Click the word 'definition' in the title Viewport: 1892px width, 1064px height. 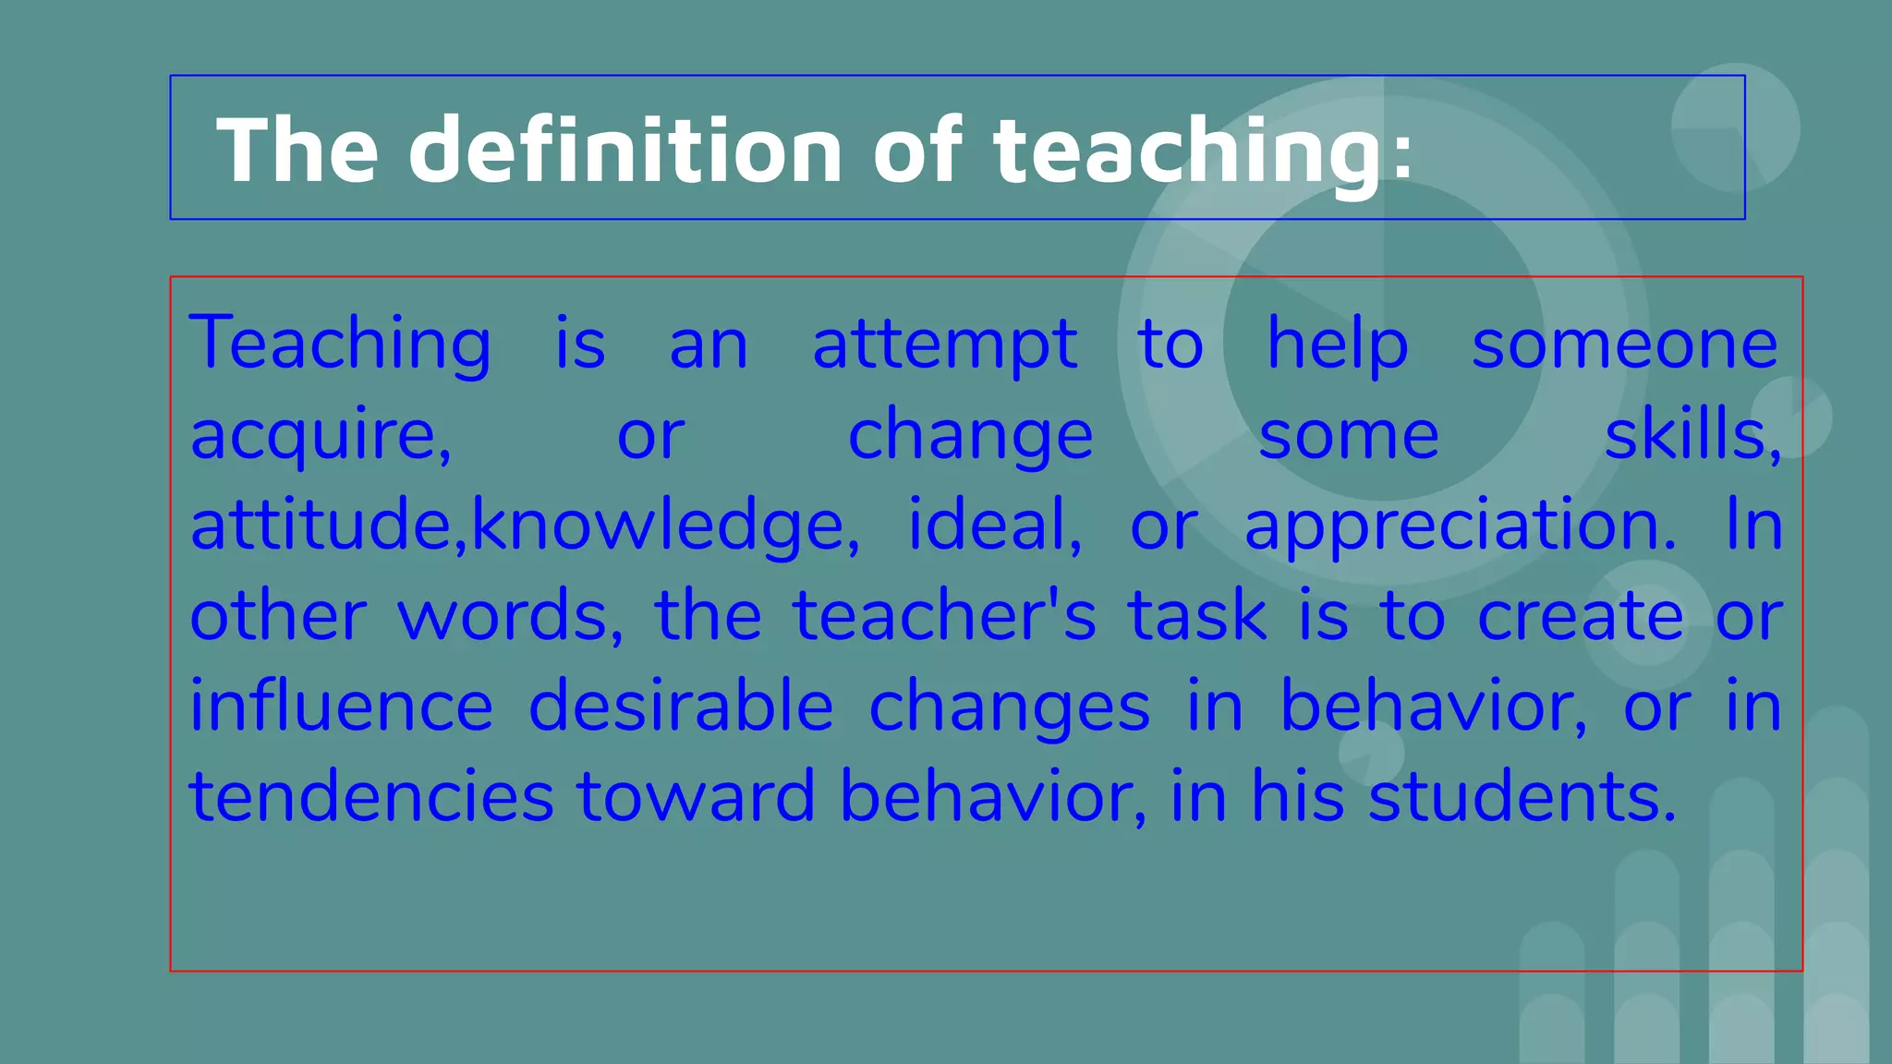point(625,150)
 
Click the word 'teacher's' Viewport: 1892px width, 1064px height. point(944,616)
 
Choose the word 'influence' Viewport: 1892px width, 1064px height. point(342,706)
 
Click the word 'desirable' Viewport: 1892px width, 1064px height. point(681,706)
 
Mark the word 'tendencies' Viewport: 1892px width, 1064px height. point(371,796)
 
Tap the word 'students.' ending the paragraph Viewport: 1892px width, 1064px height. point(1522,796)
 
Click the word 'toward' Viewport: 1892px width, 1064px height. point(696,796)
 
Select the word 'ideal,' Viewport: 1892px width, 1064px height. point(995,525)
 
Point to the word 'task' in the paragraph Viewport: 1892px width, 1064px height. point(1197,616)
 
